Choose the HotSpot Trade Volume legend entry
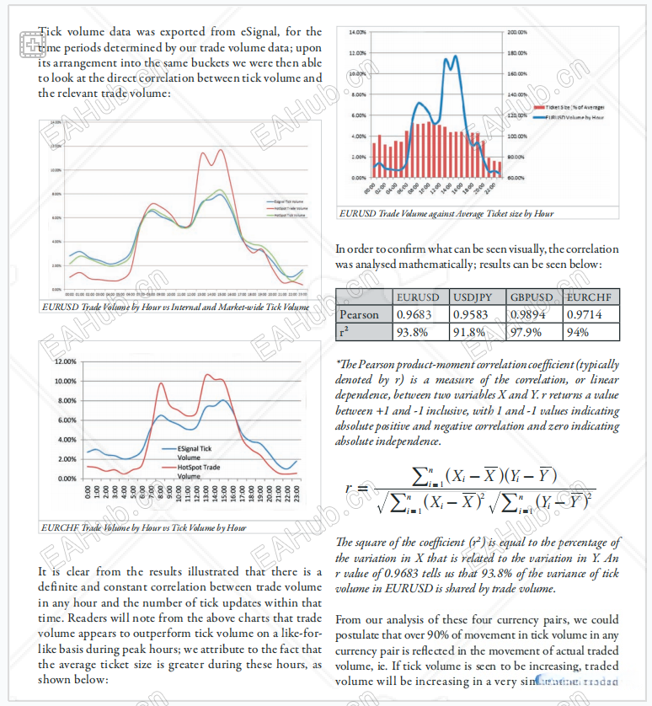coord(199,471)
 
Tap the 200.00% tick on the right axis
coord(517,32)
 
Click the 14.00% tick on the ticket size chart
coord(357,32)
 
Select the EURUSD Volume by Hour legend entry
coord(575,118)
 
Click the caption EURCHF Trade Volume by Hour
coord(143,528)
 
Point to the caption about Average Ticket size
coord(446,214)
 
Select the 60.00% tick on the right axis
coord(516,178)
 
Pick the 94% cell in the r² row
coord(578,332)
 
